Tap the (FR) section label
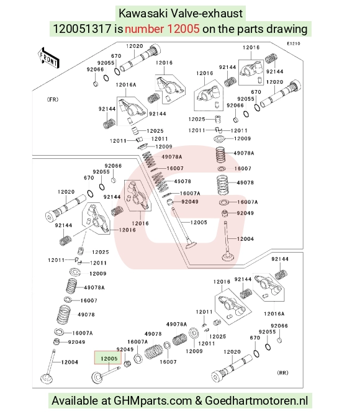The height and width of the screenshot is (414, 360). coord(53,99)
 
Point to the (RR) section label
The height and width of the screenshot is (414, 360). coord(282,372)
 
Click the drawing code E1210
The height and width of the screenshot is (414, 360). coord(294,43)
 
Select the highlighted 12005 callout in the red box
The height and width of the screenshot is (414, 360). coord(109,358)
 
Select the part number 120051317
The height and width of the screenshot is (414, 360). coord(82,29)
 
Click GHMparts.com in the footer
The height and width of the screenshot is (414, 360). coord(153,401)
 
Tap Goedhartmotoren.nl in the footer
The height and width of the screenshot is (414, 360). coord(256,400)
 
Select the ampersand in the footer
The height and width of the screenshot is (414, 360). coord(199,400)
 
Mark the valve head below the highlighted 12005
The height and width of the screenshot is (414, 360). coord(97,377)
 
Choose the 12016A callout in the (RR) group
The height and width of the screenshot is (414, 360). coord(274,313)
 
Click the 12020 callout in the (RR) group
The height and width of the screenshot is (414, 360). coord(232,352)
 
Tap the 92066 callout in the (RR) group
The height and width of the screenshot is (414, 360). coord(279,326)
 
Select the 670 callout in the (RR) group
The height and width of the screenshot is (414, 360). coord(255,338)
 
